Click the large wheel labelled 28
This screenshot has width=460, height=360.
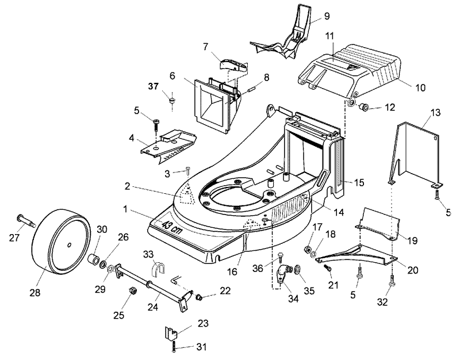pos(60,241)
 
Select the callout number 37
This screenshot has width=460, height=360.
pos(153,87)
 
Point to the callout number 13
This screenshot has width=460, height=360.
pos(436,112)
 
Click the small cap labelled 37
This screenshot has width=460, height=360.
pos(172,100)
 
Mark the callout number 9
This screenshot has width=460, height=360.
pos(327,16)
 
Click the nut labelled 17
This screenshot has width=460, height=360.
pos(308,250)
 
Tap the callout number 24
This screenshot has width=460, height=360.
pos(153,307)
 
